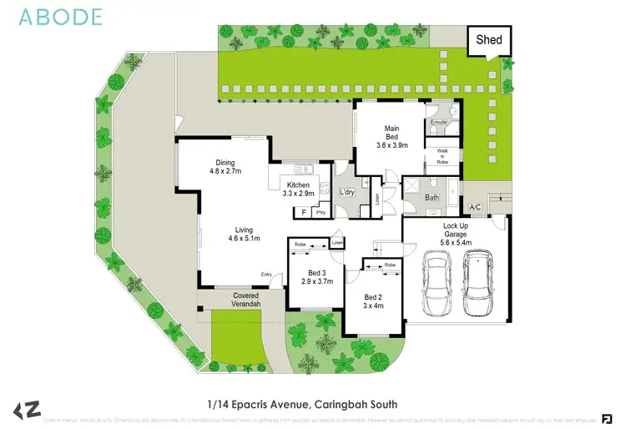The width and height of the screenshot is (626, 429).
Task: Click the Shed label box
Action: (x=489, y=40)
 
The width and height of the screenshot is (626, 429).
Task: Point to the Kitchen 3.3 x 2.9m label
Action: (x=298, y=189)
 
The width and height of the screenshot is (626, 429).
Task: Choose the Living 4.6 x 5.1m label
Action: (x=244, y=234)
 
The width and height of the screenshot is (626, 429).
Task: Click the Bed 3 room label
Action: (x=317, y=276)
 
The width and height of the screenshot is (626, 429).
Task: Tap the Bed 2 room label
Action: (x=373, y=300)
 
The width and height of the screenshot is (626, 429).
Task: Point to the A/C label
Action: (x=476, y=207)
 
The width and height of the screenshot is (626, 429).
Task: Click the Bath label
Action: (x=432, y=198)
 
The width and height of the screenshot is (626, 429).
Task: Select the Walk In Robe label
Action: (x=442, y=156)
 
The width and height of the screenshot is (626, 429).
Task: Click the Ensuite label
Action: (x=439, y=123)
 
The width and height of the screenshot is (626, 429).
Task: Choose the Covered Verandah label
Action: (x=245, y=300)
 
